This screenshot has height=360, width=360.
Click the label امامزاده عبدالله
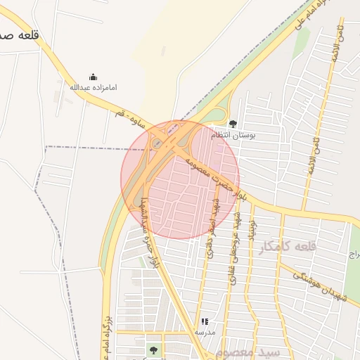(93, 87)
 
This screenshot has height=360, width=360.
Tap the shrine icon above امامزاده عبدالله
(93, 77)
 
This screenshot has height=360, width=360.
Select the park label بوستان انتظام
(233, 134)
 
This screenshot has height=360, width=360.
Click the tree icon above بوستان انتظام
(233, 124)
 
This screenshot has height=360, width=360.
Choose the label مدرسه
(205, 331)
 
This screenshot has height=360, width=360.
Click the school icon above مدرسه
(205, 321)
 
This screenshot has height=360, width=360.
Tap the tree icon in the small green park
(153, 349)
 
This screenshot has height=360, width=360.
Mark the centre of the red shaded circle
(180, 180)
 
